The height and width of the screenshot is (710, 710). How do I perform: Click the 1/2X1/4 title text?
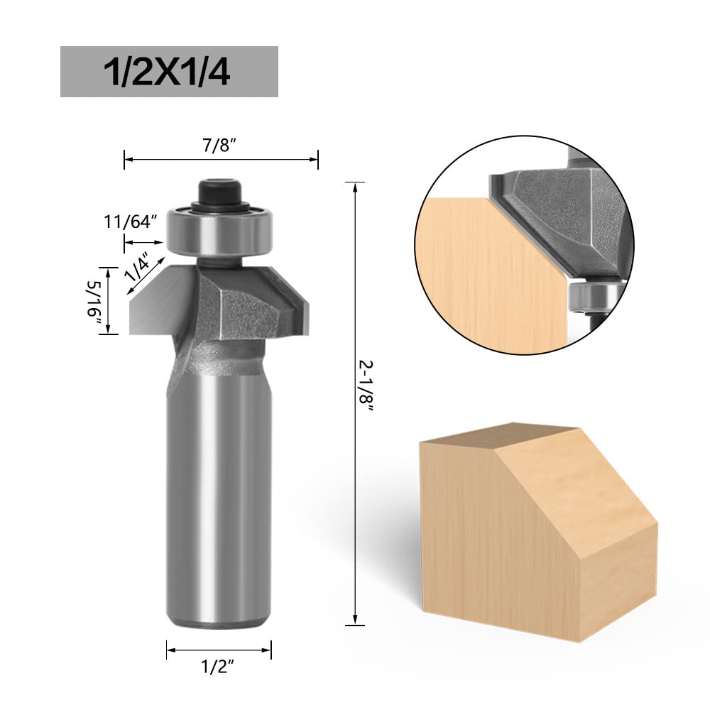coord(167,72)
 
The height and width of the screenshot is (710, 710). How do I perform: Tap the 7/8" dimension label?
coord(219,146)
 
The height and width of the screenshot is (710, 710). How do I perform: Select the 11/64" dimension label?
coord(131,222)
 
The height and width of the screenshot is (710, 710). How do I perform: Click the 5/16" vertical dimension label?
coord(94,300)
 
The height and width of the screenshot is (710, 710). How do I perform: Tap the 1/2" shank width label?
coord(218,667)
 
